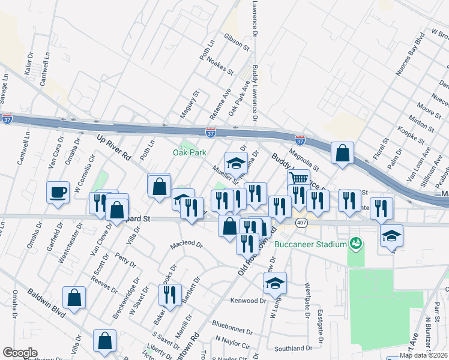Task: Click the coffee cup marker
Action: (58, 193)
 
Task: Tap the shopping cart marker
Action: (298, 179)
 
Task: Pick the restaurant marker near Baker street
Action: (170, 295)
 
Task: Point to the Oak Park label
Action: (190, 153)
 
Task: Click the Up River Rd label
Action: (114, 146)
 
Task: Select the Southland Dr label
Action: (293, 348)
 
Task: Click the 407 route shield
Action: (301, 223)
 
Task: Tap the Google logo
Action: (20, 353)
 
